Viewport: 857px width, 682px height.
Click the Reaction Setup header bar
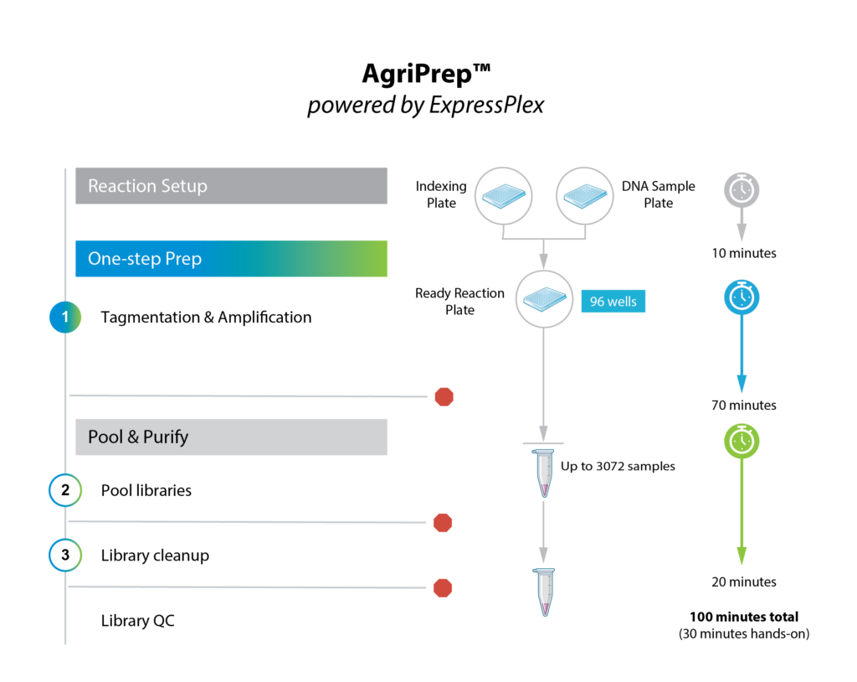point(231,186)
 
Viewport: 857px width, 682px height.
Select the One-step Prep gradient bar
point(231,259)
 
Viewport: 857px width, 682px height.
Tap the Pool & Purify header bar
point(231,437)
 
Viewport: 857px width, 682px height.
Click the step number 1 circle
point(65,318)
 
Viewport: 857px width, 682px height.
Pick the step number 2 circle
point(65,490)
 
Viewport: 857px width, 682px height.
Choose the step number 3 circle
point(65,555)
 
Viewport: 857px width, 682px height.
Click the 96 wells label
point(613,302)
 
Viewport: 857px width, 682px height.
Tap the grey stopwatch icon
point(741,190)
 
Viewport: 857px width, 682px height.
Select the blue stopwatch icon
point(741,297)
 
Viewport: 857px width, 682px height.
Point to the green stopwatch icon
point(741,441)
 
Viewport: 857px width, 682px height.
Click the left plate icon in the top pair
point(504,196)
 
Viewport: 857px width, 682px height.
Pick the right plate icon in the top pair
point(585,196)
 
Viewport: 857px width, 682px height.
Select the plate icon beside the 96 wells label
point(544,299)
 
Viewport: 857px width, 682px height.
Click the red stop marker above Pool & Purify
point(444,397)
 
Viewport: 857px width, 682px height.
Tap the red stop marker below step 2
point(443,523)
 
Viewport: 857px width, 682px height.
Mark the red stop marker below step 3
point(443,588)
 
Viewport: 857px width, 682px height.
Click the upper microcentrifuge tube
point(544,473)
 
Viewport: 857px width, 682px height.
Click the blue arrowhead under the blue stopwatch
point(741,385)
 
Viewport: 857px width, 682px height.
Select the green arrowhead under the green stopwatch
point(741,556)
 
